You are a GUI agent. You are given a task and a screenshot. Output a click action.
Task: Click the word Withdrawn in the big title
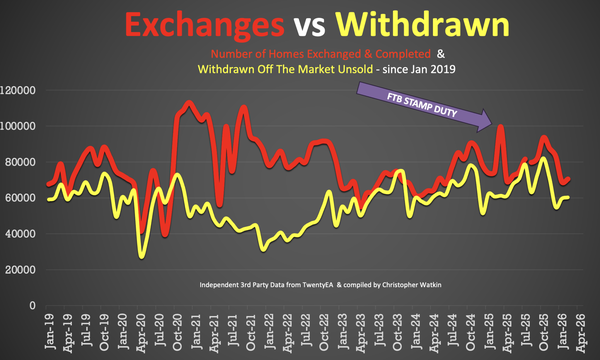click(x=422, y=24)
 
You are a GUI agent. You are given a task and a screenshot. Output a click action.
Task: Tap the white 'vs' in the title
click(x=309, y=27)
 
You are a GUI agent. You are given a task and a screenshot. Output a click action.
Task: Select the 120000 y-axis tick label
click(x=18, y=90)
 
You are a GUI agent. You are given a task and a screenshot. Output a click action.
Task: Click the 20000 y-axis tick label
click(x=20, y=270)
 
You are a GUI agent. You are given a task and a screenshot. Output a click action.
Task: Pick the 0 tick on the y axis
click(x=33, y=306)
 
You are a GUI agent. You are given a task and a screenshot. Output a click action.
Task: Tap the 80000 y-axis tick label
click(x=20, y=162)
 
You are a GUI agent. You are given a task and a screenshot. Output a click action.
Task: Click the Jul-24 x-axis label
click(x=453, y=330)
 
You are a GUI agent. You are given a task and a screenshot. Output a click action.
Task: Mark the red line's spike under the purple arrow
click(x=501, y=127)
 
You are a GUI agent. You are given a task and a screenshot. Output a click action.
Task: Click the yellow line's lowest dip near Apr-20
click(x=142, y=256)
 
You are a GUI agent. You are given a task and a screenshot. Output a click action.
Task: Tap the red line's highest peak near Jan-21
click(x=189, y=103)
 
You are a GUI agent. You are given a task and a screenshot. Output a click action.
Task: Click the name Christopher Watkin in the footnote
click(x=412, y=285)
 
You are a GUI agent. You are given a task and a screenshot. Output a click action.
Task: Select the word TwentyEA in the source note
click(x=318, y=285)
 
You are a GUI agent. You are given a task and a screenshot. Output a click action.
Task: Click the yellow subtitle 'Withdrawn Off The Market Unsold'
click(x=285, y=69)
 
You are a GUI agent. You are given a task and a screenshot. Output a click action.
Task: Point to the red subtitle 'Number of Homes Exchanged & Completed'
click(x=321, y=54)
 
